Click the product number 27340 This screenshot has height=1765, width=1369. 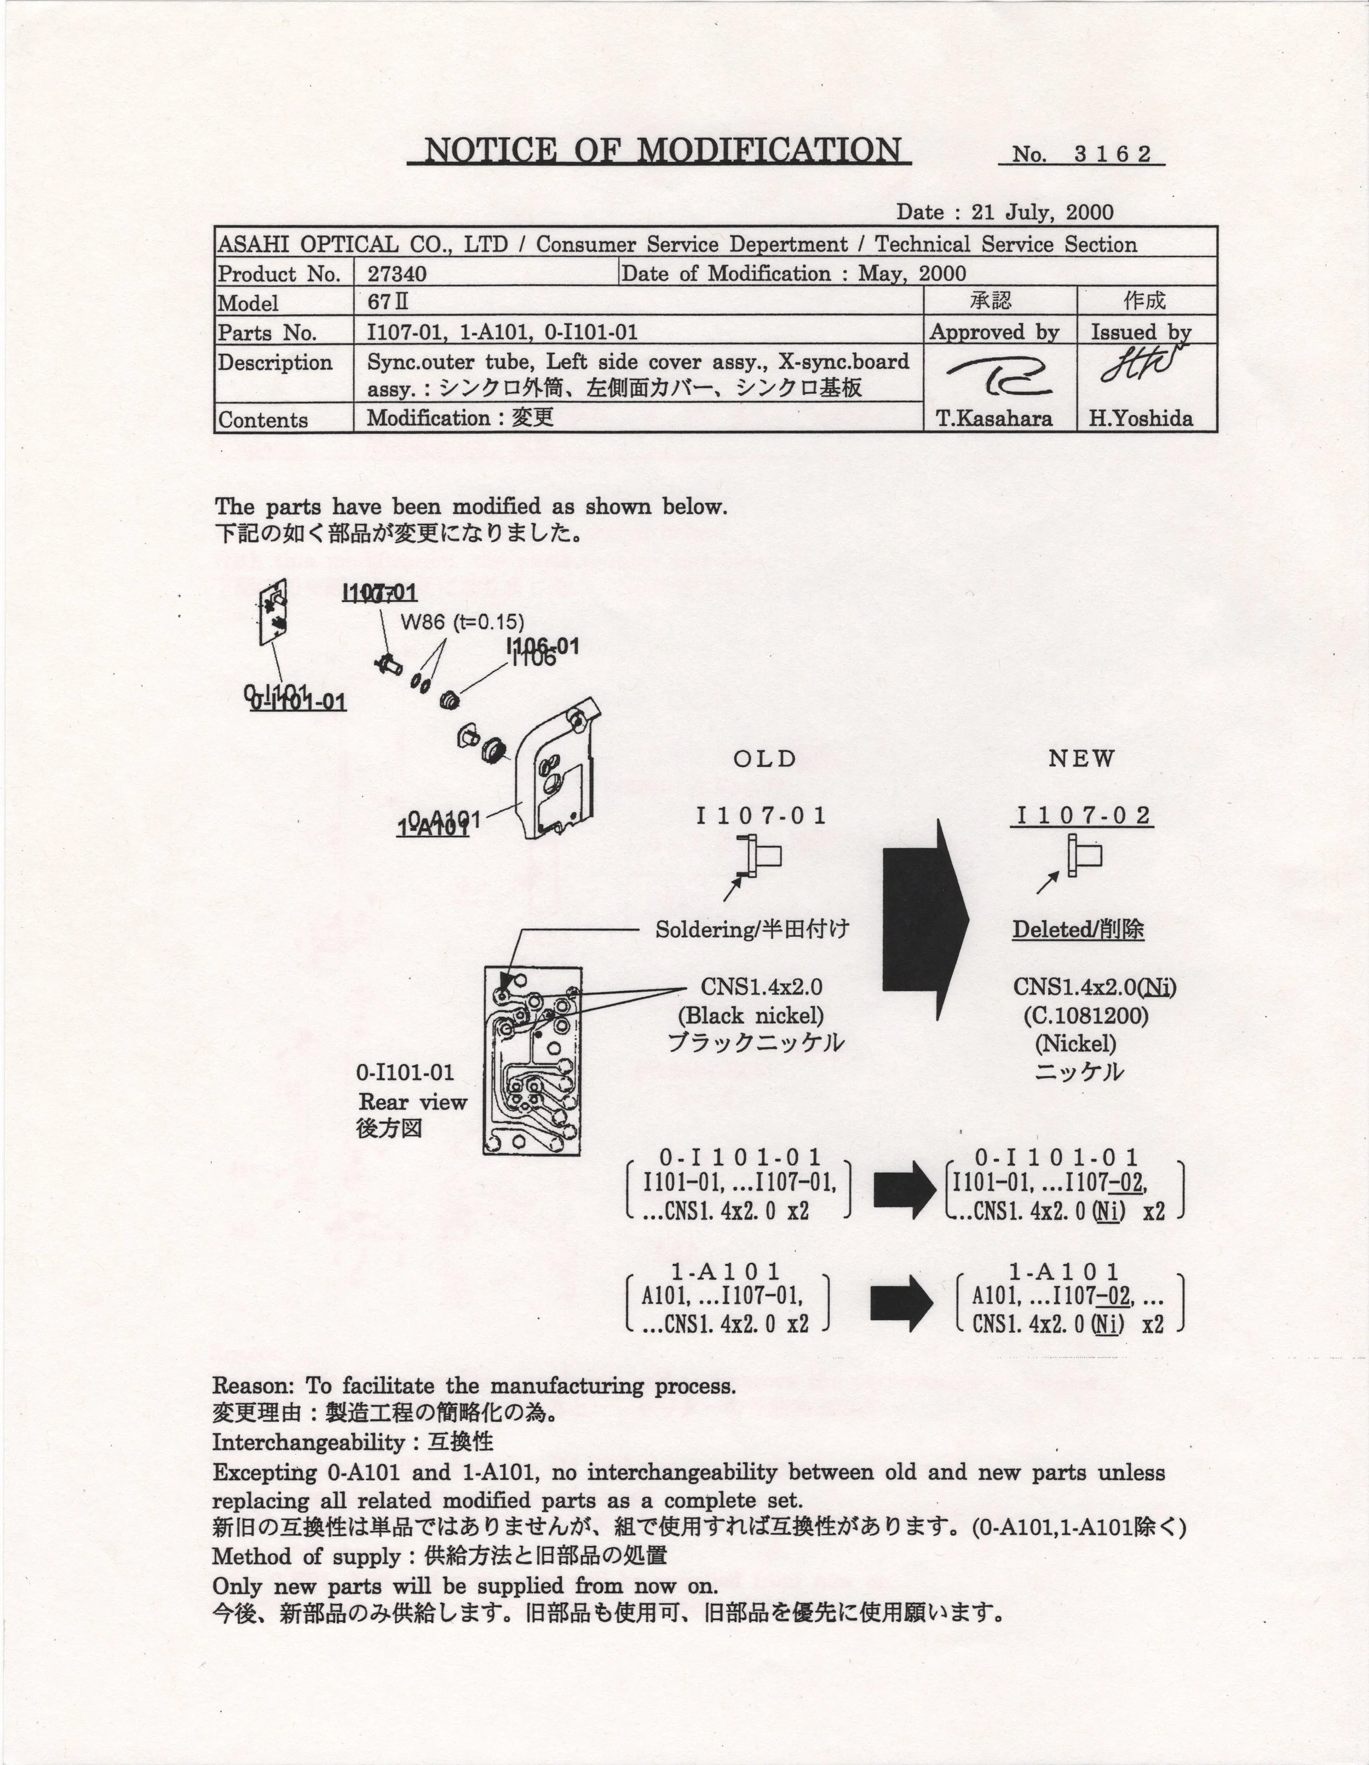tap(397, 274)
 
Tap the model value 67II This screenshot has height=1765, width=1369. tap(388, 303)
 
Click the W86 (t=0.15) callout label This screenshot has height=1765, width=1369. tap(462, 622)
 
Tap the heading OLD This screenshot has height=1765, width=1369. tap(764, 759)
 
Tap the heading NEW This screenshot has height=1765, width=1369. tap(1082, 759)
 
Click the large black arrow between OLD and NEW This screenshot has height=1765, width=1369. tap(925, 919)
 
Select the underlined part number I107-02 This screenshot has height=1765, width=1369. tap(1082, 815)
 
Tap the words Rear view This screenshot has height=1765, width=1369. tap(413, 1102)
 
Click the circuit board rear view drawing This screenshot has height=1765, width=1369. tap(533, 1060)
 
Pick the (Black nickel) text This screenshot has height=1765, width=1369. tap(751, 1015)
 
